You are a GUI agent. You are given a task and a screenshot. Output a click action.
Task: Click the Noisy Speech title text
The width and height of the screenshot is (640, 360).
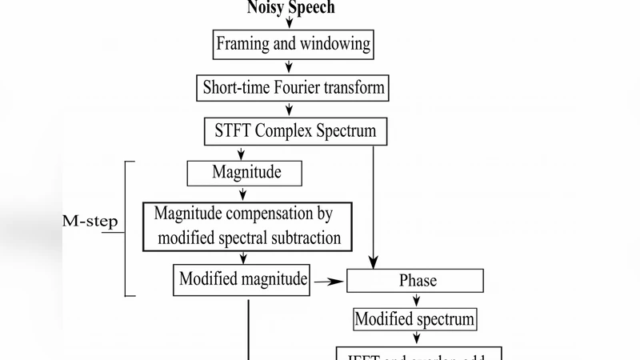(290, 8)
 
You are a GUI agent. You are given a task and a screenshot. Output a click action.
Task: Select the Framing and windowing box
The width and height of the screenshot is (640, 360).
(294, 43)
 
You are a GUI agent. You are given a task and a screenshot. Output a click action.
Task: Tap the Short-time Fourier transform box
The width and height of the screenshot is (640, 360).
(293, 87)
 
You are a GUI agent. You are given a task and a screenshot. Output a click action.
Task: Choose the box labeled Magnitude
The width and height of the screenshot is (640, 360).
(246, 172)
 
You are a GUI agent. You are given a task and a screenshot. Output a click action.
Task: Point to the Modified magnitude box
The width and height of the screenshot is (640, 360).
(242, 279)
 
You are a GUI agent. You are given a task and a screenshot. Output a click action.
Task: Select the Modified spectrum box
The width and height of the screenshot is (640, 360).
(415, 319)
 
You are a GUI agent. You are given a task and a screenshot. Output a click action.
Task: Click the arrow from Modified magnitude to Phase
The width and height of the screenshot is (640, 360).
(328, 281)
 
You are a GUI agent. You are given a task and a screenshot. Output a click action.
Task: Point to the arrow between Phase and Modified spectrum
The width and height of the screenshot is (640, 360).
(416, 300)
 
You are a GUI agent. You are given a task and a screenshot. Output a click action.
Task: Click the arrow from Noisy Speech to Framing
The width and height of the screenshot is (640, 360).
(290, 23)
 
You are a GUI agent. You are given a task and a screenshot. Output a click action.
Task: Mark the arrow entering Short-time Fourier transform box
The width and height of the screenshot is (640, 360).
(290, 67)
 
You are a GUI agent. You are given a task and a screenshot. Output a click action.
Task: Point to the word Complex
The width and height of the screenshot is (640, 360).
(284, 130)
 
